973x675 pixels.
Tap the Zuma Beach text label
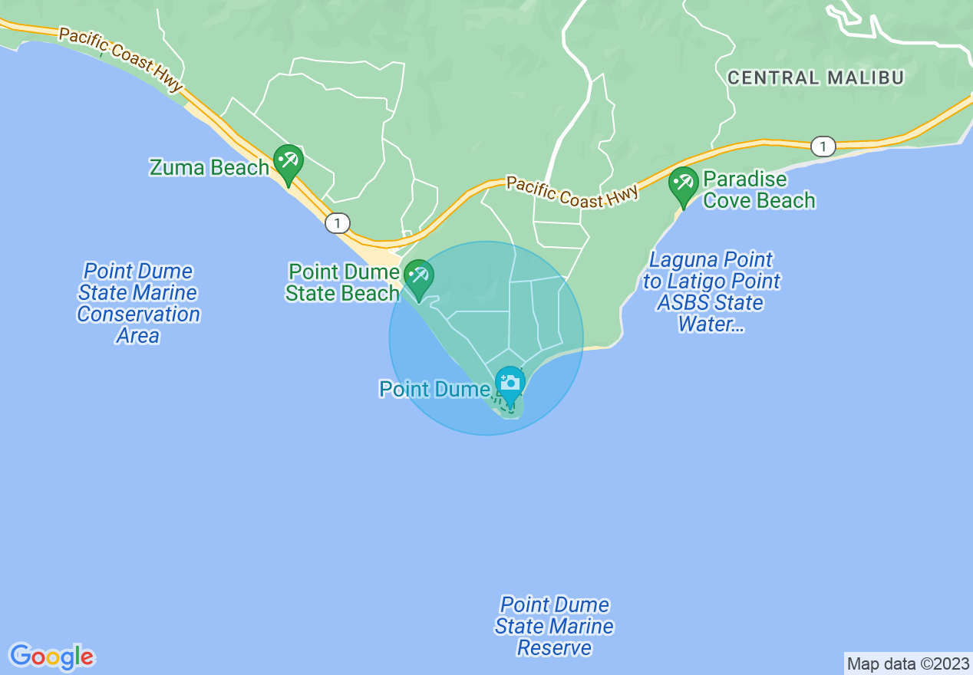(x=209, y=167)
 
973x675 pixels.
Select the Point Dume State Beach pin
(x=419, y=278)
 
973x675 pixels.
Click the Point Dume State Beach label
(x=343, y=282)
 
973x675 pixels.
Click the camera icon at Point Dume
(x=509, y=383)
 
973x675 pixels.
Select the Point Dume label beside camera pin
(x=434, y=390)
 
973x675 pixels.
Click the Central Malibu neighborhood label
(x=816, y=77)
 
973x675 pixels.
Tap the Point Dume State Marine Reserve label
(x=554, y=627)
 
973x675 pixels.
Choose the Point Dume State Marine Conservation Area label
(x=139, y=304)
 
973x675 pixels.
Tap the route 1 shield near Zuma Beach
(x=337, y=223)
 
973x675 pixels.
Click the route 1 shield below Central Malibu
(x=823, y=147)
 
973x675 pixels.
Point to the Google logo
(x=51, y=657)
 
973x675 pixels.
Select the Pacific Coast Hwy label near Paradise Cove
(x=572, y=192)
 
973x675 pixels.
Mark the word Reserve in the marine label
(x=554, y=648)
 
